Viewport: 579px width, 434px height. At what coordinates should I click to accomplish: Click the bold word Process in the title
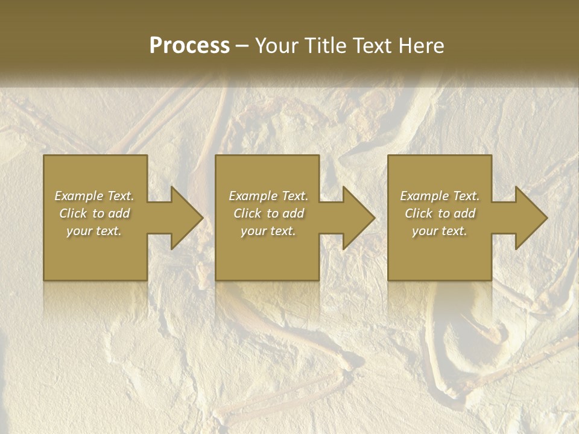coord(189,46)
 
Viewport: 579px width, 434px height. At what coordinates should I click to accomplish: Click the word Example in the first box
coord(80,196)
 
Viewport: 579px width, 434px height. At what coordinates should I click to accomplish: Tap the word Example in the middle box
coord(254,196)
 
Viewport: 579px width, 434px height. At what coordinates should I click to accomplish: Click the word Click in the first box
coord(73,213)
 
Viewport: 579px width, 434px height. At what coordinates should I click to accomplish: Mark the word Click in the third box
coord(419,213)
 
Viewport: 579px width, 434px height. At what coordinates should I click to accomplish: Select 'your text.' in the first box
coord(94,231)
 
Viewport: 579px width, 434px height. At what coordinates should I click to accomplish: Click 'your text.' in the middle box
coord(268,231)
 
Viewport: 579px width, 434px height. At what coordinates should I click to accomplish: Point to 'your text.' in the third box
coord(439,231)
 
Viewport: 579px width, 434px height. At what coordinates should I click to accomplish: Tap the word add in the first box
coord(119,213)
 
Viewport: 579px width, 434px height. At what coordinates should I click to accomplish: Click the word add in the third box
coord(465,213)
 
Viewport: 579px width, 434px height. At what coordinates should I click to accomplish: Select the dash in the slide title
coord(242,46)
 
